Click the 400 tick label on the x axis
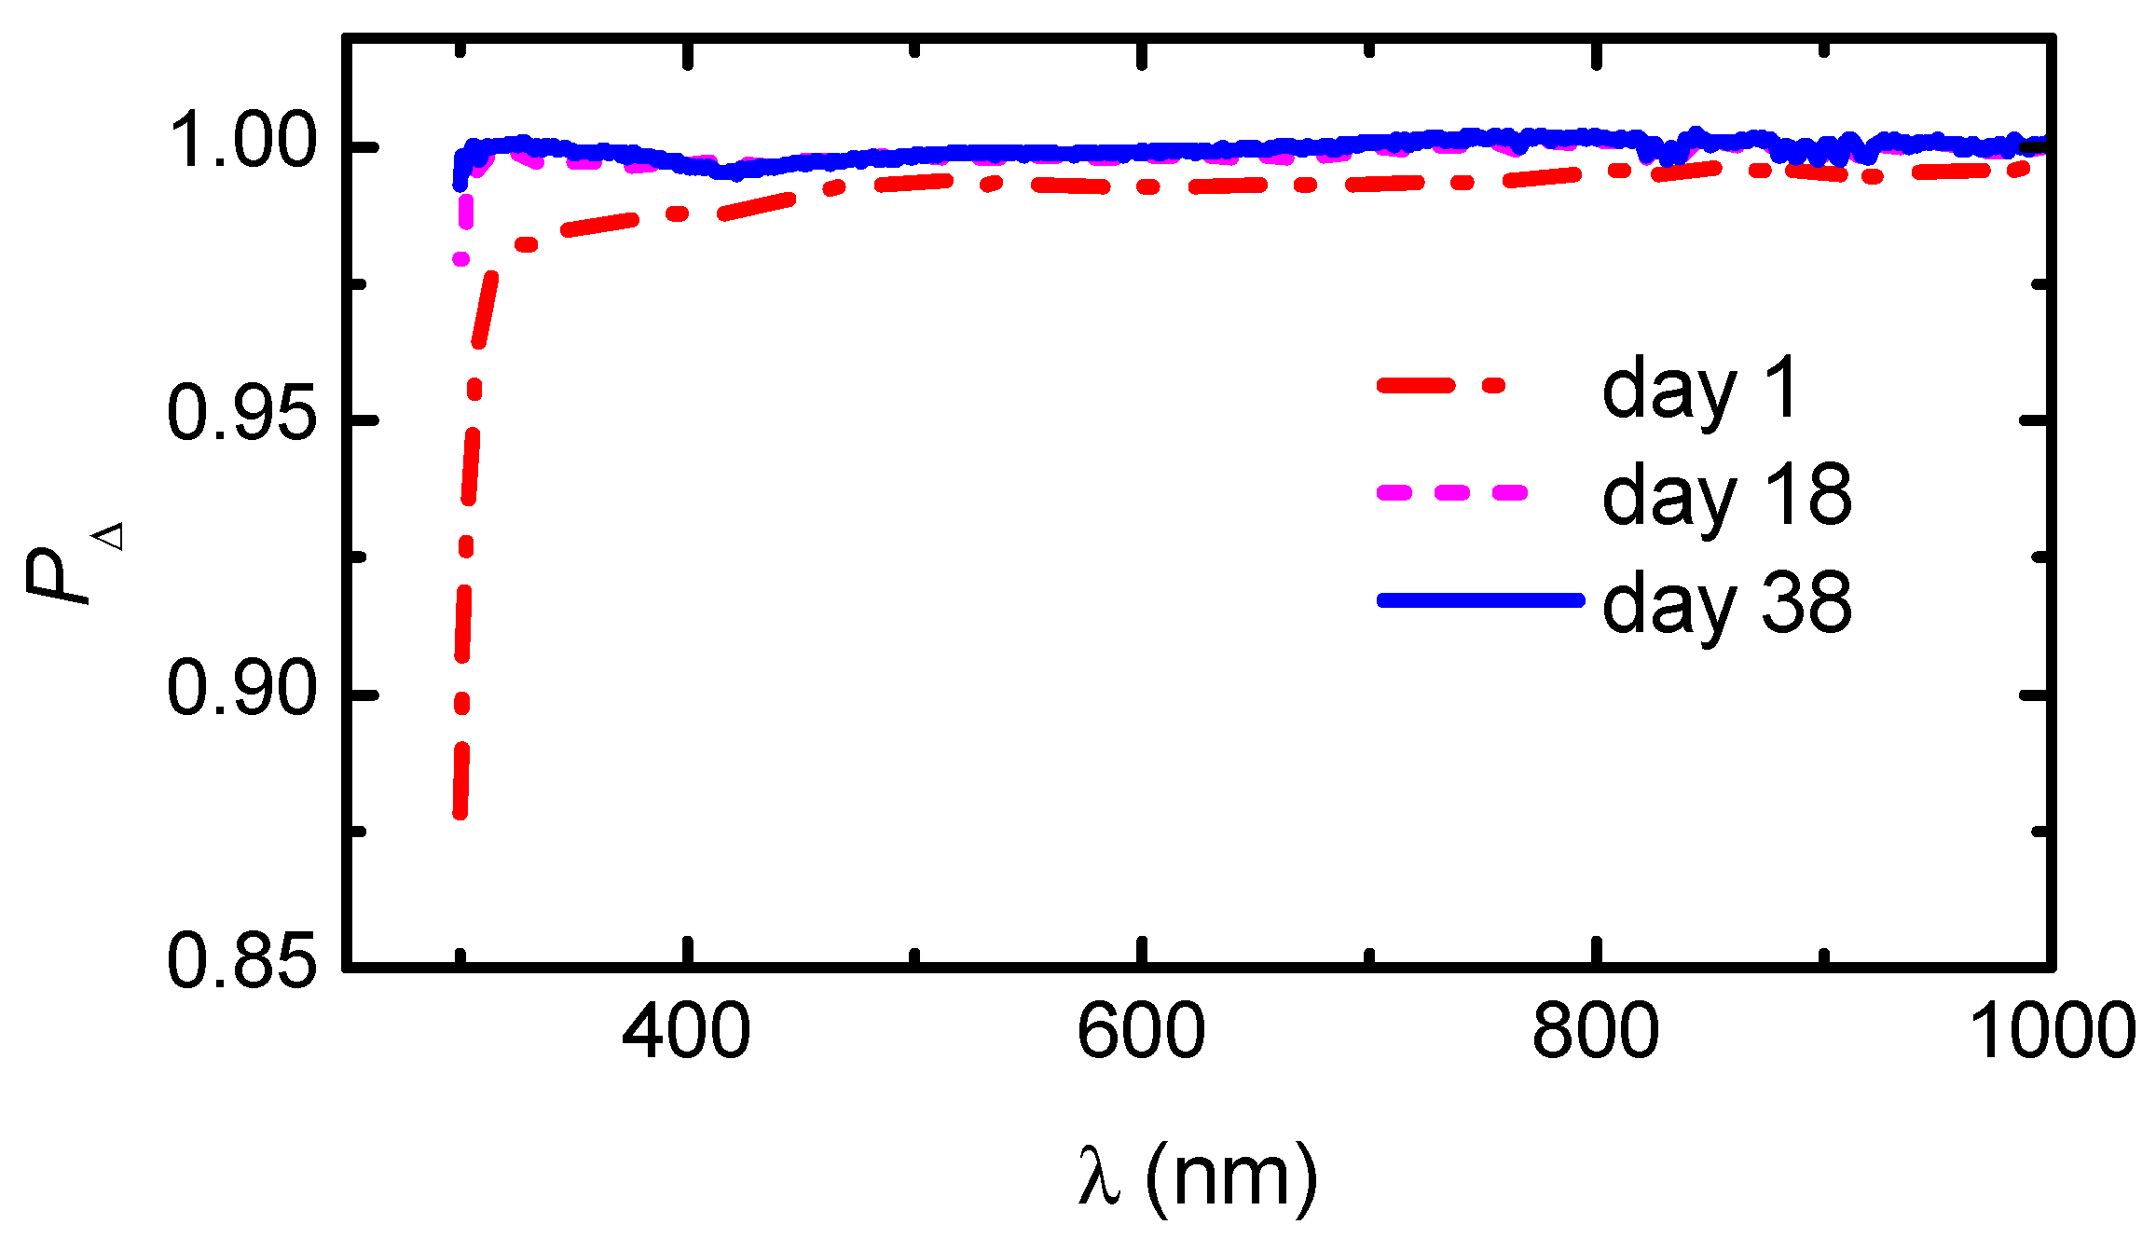click(685, 1032)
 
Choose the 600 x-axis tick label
click(1140, 1032)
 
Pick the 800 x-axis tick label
click(1595, 1032)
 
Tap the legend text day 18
click(1726, 497)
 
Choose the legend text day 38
click(1726, 604)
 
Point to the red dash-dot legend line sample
click(1441, 385)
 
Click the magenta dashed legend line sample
click(1452, 492)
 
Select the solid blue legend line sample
click(1480, 599)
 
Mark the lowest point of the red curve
click(460, 813)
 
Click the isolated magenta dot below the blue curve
click(460, 258)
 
